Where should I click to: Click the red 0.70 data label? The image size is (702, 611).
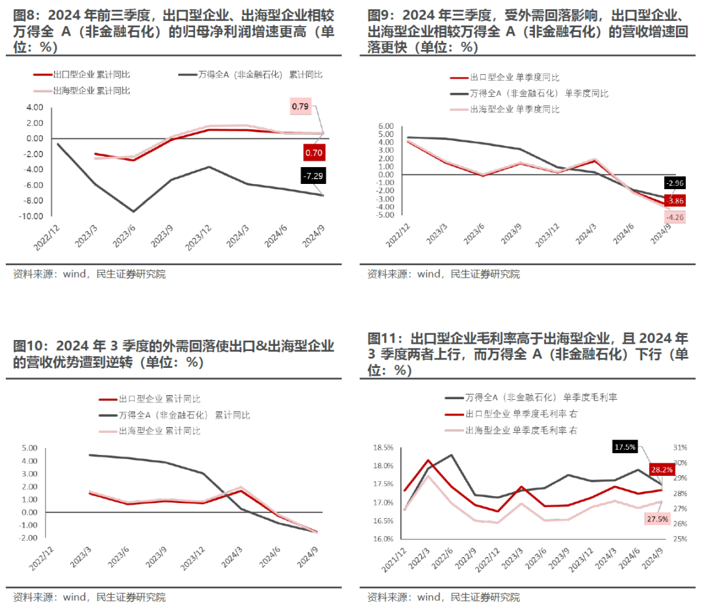pyautogui.click(x=313, y=153)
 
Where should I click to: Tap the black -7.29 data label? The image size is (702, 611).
pyautogui.click(x=313, y=175)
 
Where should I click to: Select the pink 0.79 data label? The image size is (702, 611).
pyautogui.click(x=300, y=105)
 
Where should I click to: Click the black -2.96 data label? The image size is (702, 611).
pyautogui.click(x=675, y=183)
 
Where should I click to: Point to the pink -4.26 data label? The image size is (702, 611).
pyautogui.click(x=675, y=217)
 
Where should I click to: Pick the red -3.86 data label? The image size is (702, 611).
pyautogui.click(x=675, y=200)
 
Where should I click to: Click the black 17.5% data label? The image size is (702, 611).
pyautogui.click(x=625, y=447)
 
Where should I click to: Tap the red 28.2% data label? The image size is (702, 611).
pyautogui.click(x=657, y=469)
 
